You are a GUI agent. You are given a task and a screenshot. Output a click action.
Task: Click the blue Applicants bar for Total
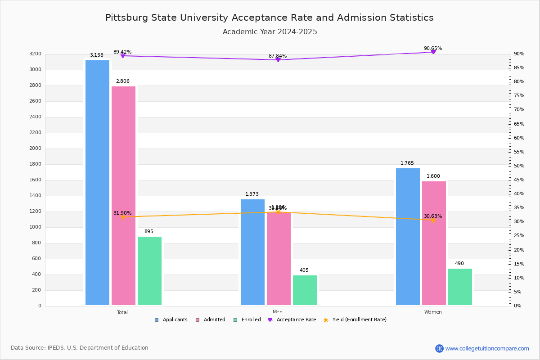tap(97, 182)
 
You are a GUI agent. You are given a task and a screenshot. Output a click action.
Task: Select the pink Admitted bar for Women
tap(434, 243)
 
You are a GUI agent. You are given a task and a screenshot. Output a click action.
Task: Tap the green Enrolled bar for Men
tap(305, 290)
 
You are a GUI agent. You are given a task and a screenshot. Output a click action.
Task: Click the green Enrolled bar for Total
tap(149, 271)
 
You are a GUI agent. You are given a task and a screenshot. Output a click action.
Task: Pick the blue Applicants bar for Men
tap(252, 252)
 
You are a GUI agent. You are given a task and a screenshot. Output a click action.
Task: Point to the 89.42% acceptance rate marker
tap(122, 56)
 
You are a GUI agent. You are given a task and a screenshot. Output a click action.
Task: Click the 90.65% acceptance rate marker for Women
tap(433, 52)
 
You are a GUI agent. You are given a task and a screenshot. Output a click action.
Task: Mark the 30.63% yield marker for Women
tap(433, 220)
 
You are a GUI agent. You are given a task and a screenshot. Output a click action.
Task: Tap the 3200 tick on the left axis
tap(35, 54)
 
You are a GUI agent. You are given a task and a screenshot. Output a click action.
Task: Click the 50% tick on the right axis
tap(519, 166)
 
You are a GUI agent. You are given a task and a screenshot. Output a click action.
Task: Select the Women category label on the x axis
tap(433, 312)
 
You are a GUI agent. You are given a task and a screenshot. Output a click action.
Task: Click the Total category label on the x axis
tap(122, 312)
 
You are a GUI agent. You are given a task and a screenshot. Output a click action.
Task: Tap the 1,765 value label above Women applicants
tap(407, 163)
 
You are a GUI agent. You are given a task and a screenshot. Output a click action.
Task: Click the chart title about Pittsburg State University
tap(270, 18)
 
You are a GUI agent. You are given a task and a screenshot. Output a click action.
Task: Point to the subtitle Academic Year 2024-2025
tap(270, 32)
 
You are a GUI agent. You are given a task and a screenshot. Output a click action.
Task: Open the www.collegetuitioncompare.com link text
tap(487, 348)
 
